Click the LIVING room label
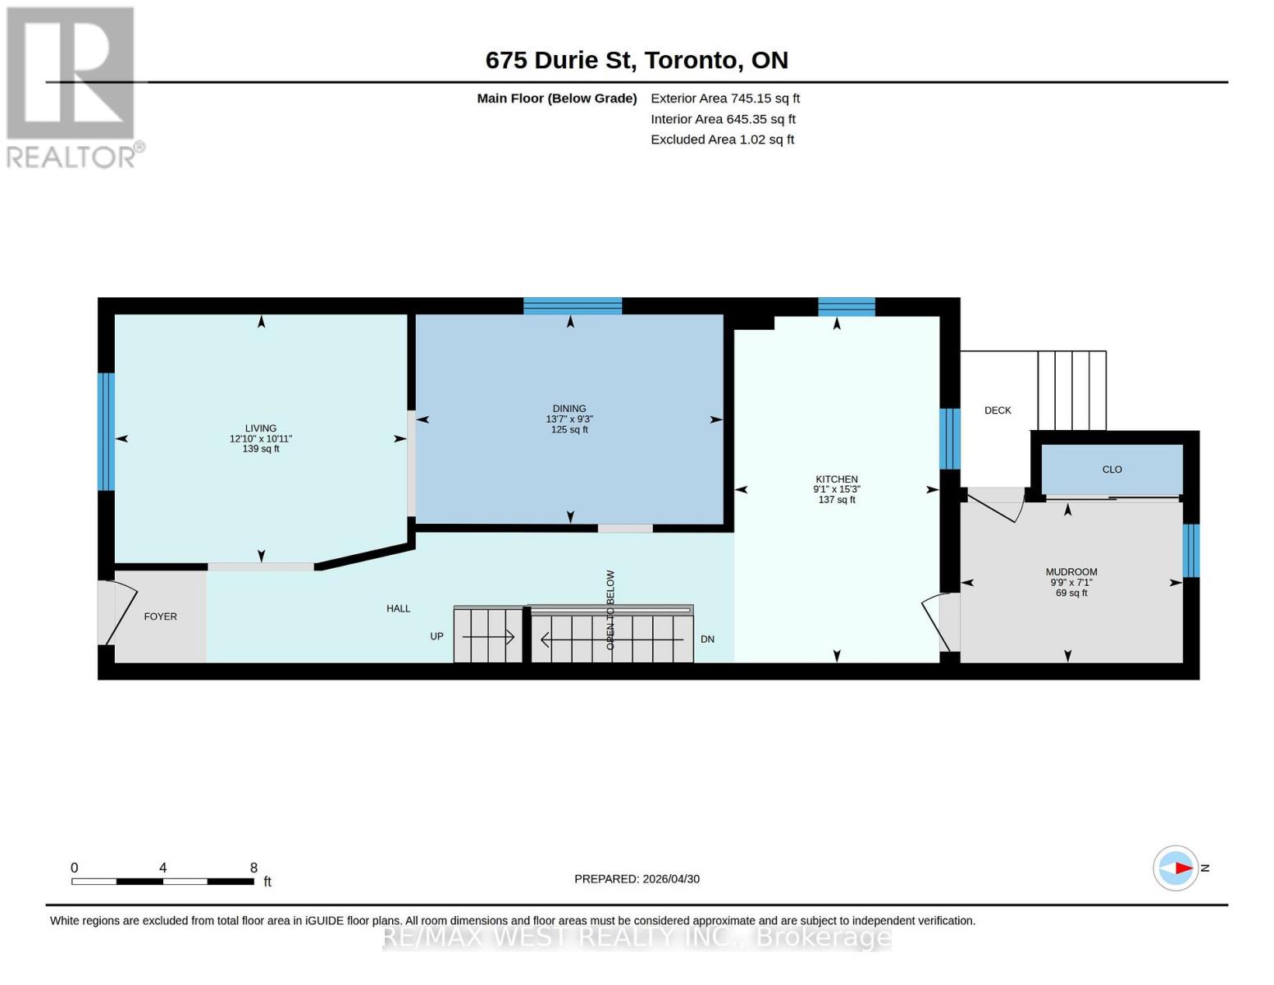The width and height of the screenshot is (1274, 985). coord(260,428)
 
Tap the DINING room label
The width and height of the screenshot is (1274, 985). coord(569,408)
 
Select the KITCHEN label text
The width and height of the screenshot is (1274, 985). coord(836,479)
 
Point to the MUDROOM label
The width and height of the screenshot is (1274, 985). coord(1071,571)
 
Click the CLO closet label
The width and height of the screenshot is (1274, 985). coord(1112,470)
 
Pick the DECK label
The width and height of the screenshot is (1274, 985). coord(998,410)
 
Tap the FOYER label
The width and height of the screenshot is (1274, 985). coord(160,616)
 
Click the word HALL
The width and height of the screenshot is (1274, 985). coord(398,608)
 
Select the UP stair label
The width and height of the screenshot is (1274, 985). coord(436,636)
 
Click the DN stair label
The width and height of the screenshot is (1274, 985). coord(707,639)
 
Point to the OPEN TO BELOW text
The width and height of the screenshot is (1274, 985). coord(610,610)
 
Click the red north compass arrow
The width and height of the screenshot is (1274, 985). coord(1183,868)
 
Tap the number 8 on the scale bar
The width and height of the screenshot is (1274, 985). coord(253,867)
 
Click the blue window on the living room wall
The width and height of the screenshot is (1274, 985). coord(106,431)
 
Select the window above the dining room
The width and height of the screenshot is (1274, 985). coord(573,305)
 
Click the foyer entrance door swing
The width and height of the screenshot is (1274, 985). coord(121,613)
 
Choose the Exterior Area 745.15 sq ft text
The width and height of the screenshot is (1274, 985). coord(724,98)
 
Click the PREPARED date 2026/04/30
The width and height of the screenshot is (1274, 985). coord(671,879)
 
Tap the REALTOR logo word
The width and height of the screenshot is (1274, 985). coord(71,157)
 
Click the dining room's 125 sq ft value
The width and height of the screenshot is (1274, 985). coord(569,429)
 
